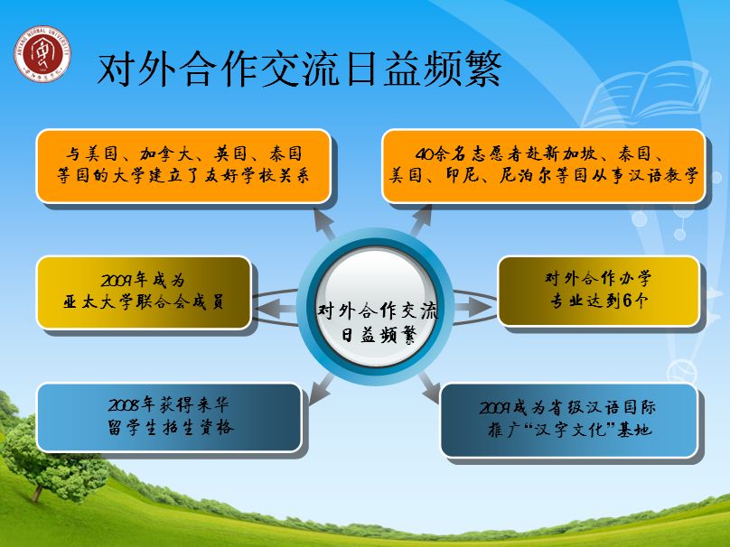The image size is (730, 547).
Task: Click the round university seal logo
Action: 42,54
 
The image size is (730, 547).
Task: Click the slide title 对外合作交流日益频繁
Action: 299,70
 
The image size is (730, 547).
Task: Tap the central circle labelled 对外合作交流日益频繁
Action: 376,306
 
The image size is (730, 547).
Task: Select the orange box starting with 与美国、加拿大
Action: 183,166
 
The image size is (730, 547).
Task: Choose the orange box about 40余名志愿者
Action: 544,166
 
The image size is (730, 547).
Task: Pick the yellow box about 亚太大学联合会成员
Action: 144,292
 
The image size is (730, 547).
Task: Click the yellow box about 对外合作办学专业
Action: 599,292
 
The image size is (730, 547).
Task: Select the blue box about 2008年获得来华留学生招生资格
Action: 170,417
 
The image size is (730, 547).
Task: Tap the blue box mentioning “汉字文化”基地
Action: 569,420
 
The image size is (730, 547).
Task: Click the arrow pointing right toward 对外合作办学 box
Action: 473,307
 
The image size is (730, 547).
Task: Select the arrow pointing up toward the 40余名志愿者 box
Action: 421,220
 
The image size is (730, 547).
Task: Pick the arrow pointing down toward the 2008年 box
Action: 322,389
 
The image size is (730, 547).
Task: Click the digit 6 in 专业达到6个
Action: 627,301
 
